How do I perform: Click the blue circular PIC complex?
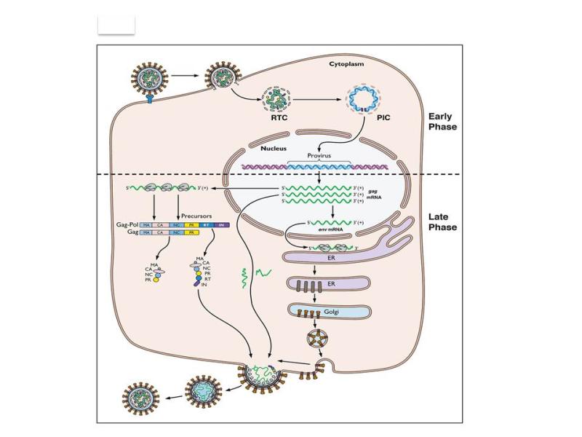363,95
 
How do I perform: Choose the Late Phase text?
443,221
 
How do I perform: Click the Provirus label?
318,155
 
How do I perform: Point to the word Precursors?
198,214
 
